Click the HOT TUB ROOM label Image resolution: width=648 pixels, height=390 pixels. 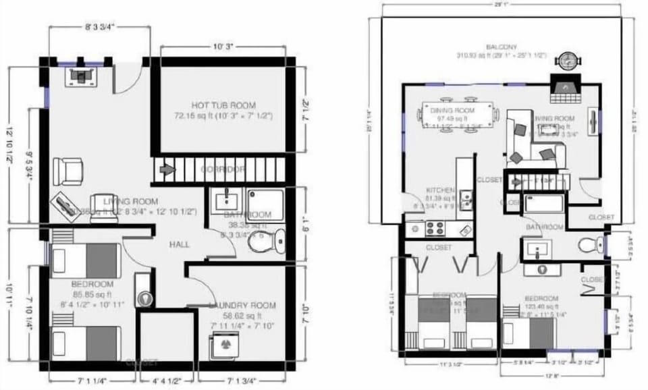(x=223, y=105)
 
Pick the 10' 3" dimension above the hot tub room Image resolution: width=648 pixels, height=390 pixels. (x=223, y=47)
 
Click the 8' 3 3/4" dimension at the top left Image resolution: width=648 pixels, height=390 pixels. (x=100, y=28)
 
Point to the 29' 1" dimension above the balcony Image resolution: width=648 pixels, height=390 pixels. (x=500, y=5)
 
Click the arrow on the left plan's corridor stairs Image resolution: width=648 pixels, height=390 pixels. (x=166, y=169)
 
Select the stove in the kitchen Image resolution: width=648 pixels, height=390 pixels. (x=432, y=229)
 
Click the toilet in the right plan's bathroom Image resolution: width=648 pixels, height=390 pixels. (x=590, y=244)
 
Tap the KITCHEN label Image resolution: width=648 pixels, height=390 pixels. (x=439, y=190)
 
